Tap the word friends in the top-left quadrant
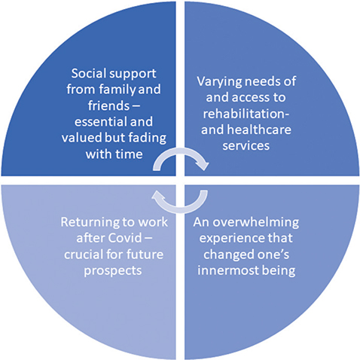(x=108, y=105)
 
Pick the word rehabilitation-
(x=246, y=114)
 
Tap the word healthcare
(x=259, y=130)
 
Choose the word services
(x=246, y=146)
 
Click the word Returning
(x=87, y=223)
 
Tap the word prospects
(x=113, y=271)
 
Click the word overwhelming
(x=256, y=223)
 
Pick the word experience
(x=232, y=239)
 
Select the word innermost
(x=228, y=270)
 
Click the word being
(x=279, y=271)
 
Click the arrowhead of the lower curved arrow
(x=157, y=196)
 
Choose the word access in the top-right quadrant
(x=251, y=98)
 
